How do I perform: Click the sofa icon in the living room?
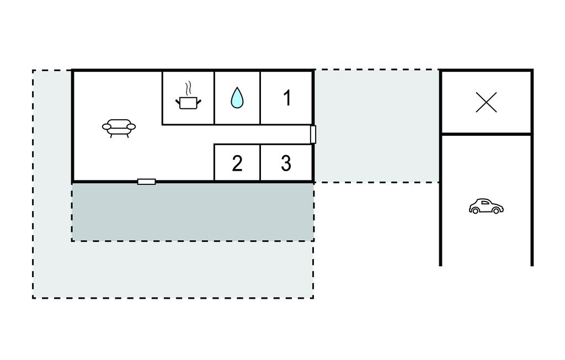coord(119,128)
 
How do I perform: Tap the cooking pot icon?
coord(188,102)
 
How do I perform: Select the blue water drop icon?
coord(237,98)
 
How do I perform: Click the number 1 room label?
coord(287,98)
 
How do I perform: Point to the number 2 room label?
coord(237,163)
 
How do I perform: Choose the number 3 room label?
coord(286,163)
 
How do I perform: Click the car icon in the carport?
coord(486,207)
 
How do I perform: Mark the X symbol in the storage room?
coord(486,103)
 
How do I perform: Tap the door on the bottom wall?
coord(146,182)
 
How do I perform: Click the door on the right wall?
coord(313,134)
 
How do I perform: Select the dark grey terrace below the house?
coord(193,212)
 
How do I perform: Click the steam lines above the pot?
coord(188,88)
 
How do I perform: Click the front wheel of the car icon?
coord(497,210)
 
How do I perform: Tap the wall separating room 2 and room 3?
coord(260,163)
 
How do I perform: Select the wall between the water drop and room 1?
coord(260,97)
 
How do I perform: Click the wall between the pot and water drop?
coord(214,97)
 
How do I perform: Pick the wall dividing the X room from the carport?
coord(486,134)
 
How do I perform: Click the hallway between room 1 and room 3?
coord(287,134)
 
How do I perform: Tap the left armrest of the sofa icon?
coord(106,127)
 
